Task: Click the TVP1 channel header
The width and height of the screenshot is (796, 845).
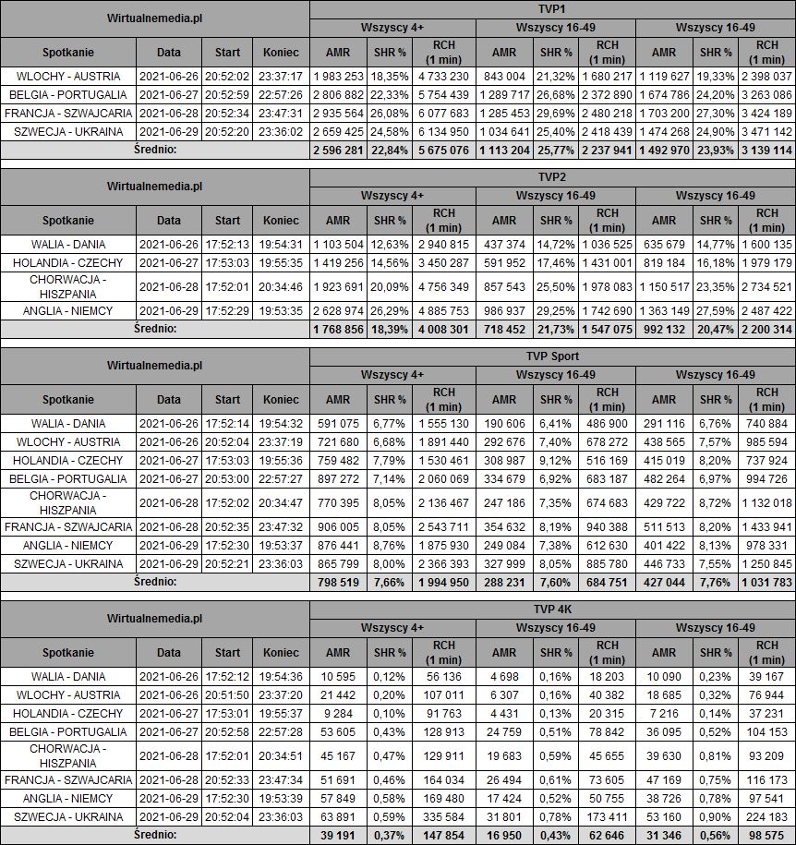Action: click(552, 8)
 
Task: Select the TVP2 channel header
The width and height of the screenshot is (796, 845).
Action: click(552, 176)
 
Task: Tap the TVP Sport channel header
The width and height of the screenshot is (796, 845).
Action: click(552, 356)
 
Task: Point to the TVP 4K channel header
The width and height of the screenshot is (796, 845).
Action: click(552, 609)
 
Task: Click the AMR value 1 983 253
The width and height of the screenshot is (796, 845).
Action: click(337, 77)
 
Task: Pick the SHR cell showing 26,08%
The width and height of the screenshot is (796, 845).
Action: click(389, 114)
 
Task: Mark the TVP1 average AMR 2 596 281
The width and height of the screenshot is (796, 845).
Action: click(337, 151)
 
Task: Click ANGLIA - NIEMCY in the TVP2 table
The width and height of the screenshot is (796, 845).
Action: click(68, 311)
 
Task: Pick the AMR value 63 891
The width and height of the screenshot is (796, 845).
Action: click(337, 817)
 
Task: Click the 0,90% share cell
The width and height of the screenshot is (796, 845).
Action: click(716, 817)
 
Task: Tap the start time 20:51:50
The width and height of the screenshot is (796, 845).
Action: click(226, 695)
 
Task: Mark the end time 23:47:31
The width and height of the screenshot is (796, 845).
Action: click(281, 114)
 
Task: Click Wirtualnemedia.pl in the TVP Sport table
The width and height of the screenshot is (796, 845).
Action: click(154, 365)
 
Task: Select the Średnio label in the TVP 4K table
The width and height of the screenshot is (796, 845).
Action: click(154, 835)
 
